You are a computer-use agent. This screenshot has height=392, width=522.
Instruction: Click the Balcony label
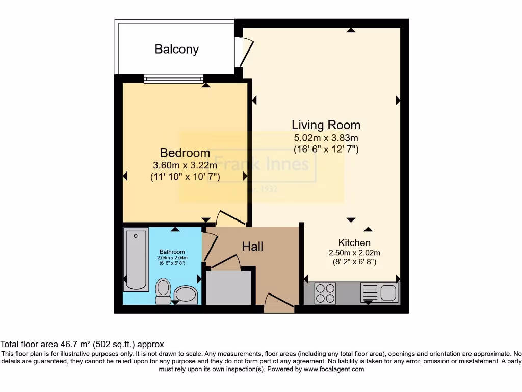tap(176, 50)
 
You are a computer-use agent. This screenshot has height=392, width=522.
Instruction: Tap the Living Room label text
tap(326, 125)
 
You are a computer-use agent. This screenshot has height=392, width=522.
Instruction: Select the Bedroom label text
tap(185, 153)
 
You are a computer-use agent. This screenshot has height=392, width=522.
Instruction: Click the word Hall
tap(252, 247)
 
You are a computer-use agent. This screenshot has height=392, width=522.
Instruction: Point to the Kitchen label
tap(354, 242)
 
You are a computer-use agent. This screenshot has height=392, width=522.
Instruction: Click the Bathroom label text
tap(172, 252)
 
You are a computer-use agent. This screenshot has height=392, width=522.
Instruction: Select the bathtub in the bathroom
tap(136, 259)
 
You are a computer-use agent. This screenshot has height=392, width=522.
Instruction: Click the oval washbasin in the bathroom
tap(185, 295)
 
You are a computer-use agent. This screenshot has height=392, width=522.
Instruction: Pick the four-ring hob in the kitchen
tap(325, 293)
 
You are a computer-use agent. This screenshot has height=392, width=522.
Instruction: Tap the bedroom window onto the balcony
tap(174, 78)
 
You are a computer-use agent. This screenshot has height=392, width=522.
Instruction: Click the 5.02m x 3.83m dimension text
tap(326, 138)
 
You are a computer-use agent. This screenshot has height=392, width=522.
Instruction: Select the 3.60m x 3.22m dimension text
tap(185, 165)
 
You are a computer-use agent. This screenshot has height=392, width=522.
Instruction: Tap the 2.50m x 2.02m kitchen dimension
tap(354, 253)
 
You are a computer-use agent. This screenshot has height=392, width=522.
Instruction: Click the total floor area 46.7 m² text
tap(82, 345)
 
